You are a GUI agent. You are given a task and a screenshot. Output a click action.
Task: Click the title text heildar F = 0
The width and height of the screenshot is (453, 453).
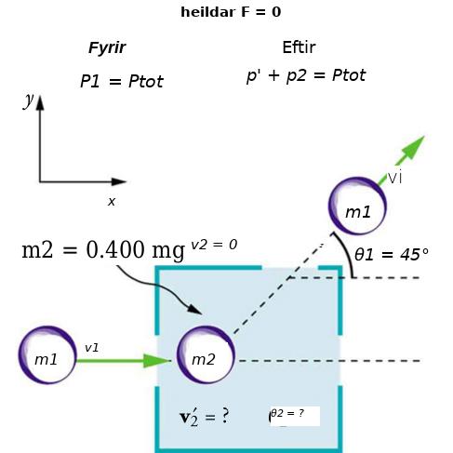(231, 12)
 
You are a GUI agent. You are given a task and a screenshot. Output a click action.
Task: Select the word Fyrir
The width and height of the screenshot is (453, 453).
(107, 48)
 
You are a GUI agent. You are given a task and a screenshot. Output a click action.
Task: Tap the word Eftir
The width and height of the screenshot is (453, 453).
(299, 47)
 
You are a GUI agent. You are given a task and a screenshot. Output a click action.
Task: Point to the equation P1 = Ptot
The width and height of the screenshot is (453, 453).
(122, 82)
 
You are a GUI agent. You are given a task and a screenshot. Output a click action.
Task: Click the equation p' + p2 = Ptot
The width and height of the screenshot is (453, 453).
(306, 75)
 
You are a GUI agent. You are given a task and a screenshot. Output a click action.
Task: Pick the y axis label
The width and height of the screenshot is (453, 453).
(29, 100)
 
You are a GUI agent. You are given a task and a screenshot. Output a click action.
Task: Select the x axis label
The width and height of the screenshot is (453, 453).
(112, 202)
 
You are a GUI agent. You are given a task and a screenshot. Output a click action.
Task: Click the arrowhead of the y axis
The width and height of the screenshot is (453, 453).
(40, 102)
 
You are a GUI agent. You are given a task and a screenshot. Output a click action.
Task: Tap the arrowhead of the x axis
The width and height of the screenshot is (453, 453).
(119, 181)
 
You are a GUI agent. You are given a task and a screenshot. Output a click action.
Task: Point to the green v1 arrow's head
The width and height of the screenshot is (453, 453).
(157, 361)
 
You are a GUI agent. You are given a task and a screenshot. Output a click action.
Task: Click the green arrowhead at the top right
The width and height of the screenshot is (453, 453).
(413, 147)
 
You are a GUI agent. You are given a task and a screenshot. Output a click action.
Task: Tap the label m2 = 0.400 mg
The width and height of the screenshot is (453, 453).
(103, 250)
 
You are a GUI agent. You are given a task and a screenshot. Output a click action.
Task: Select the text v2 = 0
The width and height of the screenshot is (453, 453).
(214, 245)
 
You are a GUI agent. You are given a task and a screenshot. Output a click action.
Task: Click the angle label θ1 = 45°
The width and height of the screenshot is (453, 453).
(392, 255)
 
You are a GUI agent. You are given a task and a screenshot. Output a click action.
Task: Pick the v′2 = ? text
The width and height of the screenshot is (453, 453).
(205, 417)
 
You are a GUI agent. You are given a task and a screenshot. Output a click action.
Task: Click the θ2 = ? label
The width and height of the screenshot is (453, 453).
(287, 413)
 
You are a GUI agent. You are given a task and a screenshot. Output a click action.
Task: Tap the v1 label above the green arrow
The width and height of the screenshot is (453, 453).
(92, 348)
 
